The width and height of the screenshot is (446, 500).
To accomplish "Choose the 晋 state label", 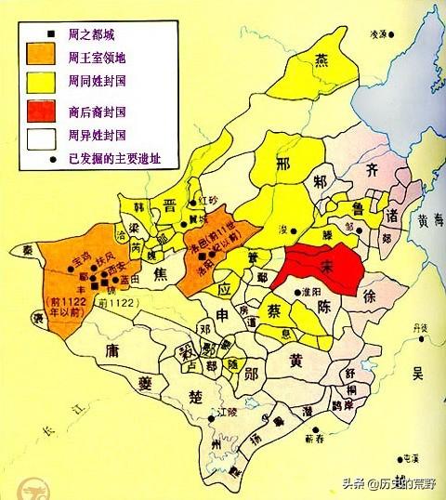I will (x=171, y=205).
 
